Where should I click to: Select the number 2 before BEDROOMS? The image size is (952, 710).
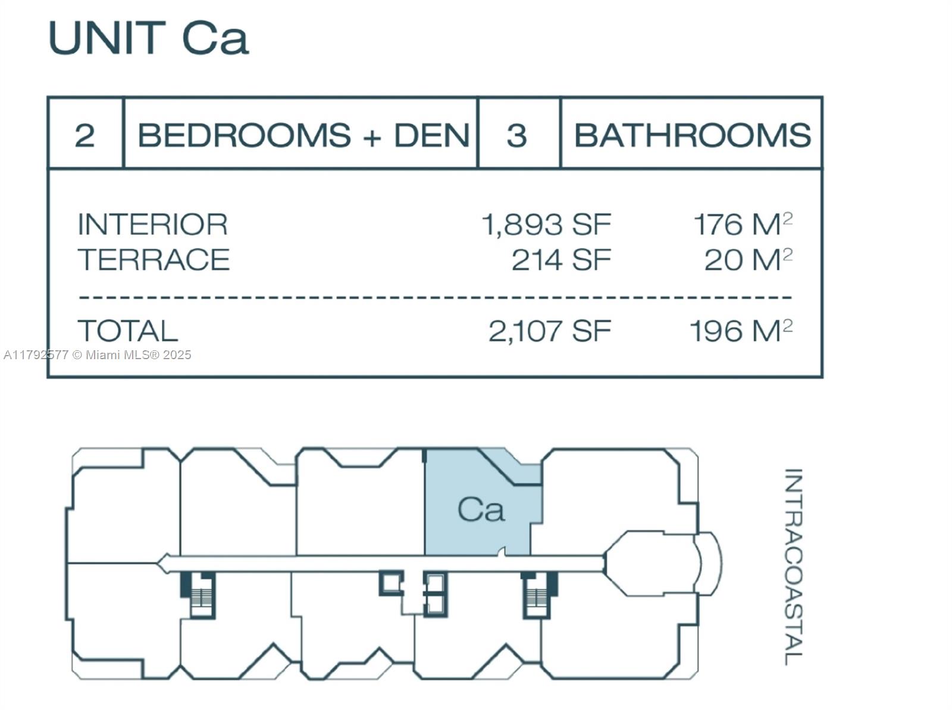84,135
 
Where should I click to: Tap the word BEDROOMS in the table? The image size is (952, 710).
244,135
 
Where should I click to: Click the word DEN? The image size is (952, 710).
432,135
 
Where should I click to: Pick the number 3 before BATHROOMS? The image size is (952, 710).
516,135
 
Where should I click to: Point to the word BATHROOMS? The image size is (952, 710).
692,135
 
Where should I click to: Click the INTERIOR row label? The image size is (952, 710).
152,225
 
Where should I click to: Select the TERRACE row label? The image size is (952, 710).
154,260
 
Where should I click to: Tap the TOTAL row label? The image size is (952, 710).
127,331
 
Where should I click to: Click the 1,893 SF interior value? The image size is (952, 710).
546,225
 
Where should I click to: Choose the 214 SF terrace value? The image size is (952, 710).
561,260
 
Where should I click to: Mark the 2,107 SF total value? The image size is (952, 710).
549,331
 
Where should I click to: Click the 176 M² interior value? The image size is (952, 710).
743,225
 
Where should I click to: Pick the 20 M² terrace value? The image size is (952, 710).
748,260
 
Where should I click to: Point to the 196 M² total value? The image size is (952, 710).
740,331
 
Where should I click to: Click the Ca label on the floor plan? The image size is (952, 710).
481,510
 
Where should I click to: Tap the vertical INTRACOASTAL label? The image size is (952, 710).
793,566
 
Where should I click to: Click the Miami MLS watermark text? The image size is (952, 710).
98,355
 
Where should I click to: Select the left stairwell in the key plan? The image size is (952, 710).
198,594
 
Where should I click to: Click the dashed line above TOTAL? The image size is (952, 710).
434,296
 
